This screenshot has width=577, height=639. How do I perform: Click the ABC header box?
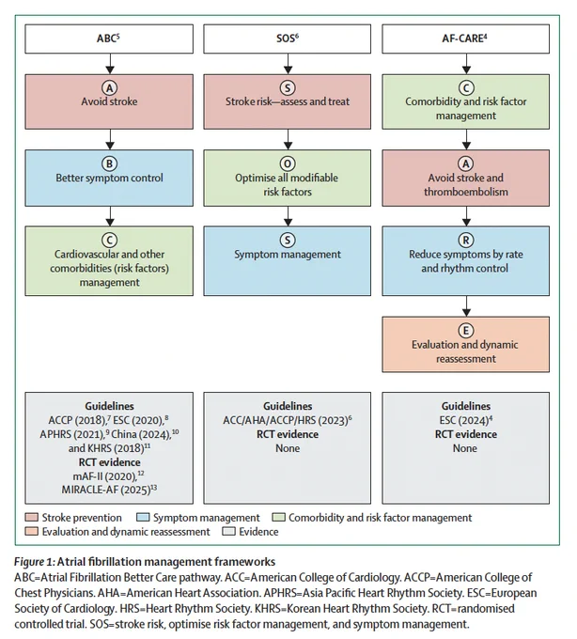(109, 39)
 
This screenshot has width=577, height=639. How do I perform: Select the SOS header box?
(288, 39)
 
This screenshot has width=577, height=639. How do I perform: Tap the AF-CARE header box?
(466, 39)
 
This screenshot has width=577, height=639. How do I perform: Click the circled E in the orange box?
(466, 331)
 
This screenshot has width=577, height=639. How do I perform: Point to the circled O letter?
(288, 164)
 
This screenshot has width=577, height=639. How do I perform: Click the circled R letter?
(466, 241)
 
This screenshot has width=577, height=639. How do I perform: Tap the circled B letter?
(109, 164)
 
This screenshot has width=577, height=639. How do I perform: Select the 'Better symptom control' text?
(109, 179)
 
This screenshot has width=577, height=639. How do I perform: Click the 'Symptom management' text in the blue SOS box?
(288, 255)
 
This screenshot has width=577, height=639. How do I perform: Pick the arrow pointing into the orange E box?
(466, 306)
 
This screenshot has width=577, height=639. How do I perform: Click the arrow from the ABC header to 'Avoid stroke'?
(110, 64)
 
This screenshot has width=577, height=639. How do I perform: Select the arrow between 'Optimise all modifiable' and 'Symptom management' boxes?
(288, 216)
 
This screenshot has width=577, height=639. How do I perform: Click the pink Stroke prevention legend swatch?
(31, 518)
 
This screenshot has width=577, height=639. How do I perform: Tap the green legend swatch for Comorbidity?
(278, 518)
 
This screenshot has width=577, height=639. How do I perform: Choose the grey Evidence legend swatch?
(228, 532)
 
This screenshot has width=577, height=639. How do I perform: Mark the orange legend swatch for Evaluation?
(31, 532)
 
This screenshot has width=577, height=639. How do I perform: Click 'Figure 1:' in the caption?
(34, 562)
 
